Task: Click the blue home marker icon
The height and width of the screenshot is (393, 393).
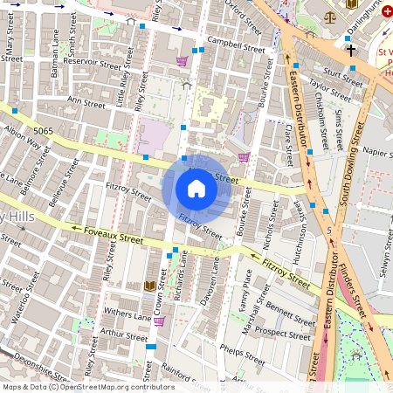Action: click(x=196, y=189)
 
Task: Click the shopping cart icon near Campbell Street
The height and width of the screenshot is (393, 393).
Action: click(x=182, y=60)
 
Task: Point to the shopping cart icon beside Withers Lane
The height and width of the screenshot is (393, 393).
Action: click(x=159, y=321)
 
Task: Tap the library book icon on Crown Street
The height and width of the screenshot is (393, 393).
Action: click(x=149, y=286)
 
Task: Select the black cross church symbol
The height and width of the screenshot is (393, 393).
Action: click(x=351, y=51)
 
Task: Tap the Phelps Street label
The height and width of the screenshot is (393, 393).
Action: click(x=242, y=355)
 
